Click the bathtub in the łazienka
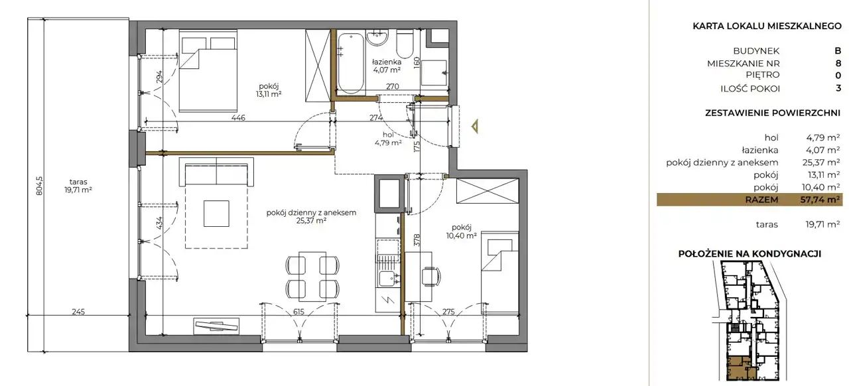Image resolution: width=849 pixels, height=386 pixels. [352, 63]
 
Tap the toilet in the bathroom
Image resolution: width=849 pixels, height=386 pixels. [405, 44]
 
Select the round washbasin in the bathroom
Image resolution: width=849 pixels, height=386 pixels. [377, 38]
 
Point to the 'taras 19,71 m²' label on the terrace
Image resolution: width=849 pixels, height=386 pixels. [78, 186]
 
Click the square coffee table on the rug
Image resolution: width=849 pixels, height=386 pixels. [216, 214]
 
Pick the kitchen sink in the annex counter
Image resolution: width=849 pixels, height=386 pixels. [387, 280]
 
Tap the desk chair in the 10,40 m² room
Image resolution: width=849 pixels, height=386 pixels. [431, 277]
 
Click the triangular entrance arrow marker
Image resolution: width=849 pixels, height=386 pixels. [475, 126]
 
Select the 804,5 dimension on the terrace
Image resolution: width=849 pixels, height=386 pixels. [39, 186]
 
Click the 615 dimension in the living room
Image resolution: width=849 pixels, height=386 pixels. [298, 312]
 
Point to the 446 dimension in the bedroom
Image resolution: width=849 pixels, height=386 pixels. [238, 117]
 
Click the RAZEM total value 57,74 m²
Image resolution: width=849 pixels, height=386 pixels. [820, 200]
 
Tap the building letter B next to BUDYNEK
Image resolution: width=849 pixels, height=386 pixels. [838, 51]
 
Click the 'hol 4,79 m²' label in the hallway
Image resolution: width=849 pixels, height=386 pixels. [388, 139]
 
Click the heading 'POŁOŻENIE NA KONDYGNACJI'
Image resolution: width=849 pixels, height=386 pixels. [750, 253]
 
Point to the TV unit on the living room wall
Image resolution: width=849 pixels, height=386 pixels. [216, 326]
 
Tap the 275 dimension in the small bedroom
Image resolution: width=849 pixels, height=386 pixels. [448, 312]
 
